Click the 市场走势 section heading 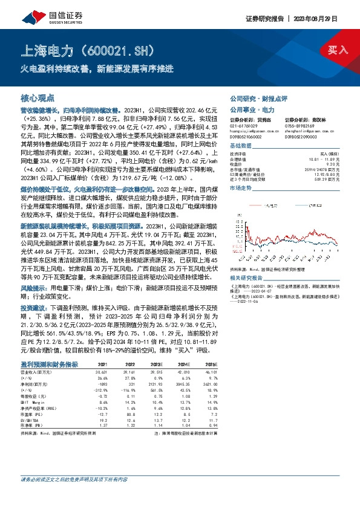click(x=241, y=189)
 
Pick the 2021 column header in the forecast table click(x=103, y=365)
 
